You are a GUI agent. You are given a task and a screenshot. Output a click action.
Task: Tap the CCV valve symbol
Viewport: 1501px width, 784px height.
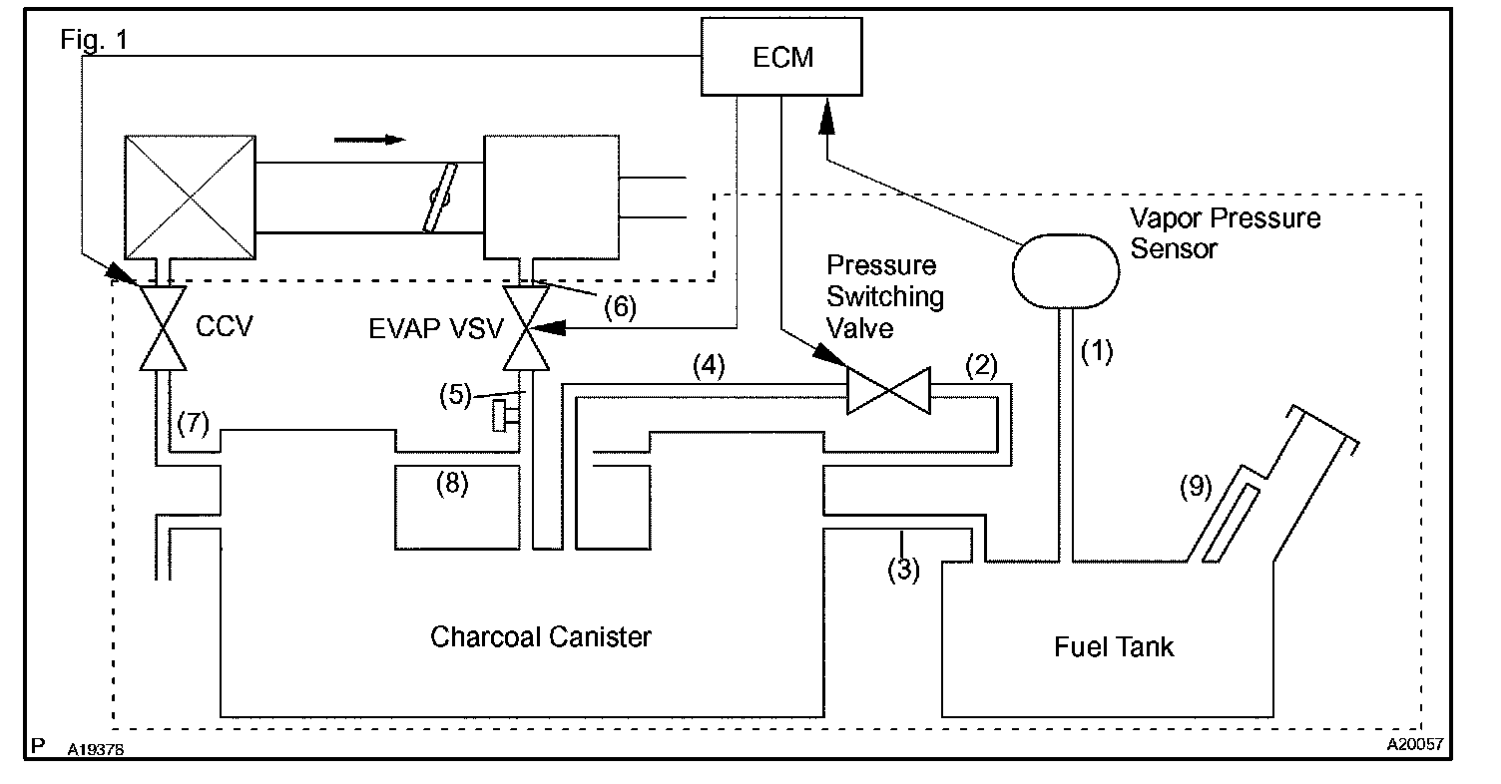coord(163,328)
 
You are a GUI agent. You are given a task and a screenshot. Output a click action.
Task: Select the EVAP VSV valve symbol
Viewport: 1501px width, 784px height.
coord(526,328)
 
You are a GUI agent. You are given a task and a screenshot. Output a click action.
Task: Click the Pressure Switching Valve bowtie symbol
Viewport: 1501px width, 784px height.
coord(888,390)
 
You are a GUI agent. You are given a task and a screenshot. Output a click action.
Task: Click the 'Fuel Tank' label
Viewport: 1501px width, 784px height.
coord(1114,646)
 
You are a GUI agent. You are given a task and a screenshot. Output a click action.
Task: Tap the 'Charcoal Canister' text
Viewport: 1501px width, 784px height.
coord(540,636)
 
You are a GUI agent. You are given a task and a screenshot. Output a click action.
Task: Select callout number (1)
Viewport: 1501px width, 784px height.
coord(1097,351)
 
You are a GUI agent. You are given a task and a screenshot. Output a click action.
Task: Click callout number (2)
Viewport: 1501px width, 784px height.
coord(982,365)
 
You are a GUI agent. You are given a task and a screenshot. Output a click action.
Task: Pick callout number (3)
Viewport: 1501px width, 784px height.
coord(903,570)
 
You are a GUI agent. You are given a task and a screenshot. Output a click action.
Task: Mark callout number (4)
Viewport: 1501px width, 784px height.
coord(709,365)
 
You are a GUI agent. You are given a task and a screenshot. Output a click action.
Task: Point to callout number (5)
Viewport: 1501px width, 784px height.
coord(456,394)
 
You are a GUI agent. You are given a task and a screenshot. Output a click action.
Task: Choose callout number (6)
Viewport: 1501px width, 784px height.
coord(620,307)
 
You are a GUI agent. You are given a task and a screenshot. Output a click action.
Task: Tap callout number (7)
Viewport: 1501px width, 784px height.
coord(193,423)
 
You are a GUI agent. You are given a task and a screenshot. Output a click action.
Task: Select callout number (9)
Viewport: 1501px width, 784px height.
coord(1196,487)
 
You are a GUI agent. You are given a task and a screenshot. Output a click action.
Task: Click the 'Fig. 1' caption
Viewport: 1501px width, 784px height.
coord(94,40)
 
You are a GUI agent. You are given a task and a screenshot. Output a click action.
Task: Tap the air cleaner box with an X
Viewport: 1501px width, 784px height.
coord(191,197)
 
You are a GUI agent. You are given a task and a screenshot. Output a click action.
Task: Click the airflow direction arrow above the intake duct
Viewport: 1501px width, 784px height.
coord(370,140)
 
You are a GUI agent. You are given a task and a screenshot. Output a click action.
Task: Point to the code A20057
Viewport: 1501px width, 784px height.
coord(1414,744)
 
